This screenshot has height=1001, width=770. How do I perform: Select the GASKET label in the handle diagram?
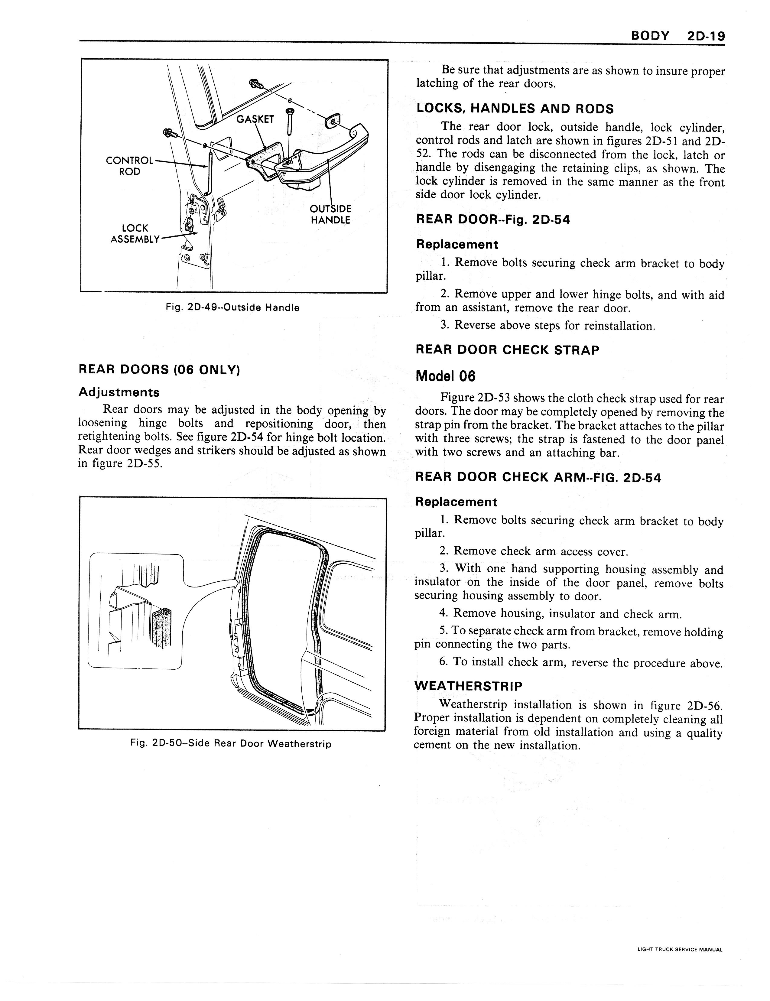tap(255, 119)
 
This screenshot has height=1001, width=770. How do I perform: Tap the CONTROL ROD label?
tap(130, 166)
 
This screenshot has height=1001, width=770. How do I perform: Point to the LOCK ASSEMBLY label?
tap(135, 234)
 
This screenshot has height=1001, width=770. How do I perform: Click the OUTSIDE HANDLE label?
tap(330, 215)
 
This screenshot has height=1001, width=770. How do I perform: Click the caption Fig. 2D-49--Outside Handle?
tap(232, 307)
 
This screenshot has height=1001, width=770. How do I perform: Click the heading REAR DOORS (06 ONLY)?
tap(160, 369)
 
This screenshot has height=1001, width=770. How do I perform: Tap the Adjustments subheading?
tap(119, 392)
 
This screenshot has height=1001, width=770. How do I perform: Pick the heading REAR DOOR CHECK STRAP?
tap(507, 350)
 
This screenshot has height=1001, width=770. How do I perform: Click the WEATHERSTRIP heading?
tap(468, 686)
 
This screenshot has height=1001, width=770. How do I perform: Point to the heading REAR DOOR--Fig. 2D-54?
tap(493, 220)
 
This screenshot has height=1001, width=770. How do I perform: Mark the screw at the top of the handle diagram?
tap(255, 84)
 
